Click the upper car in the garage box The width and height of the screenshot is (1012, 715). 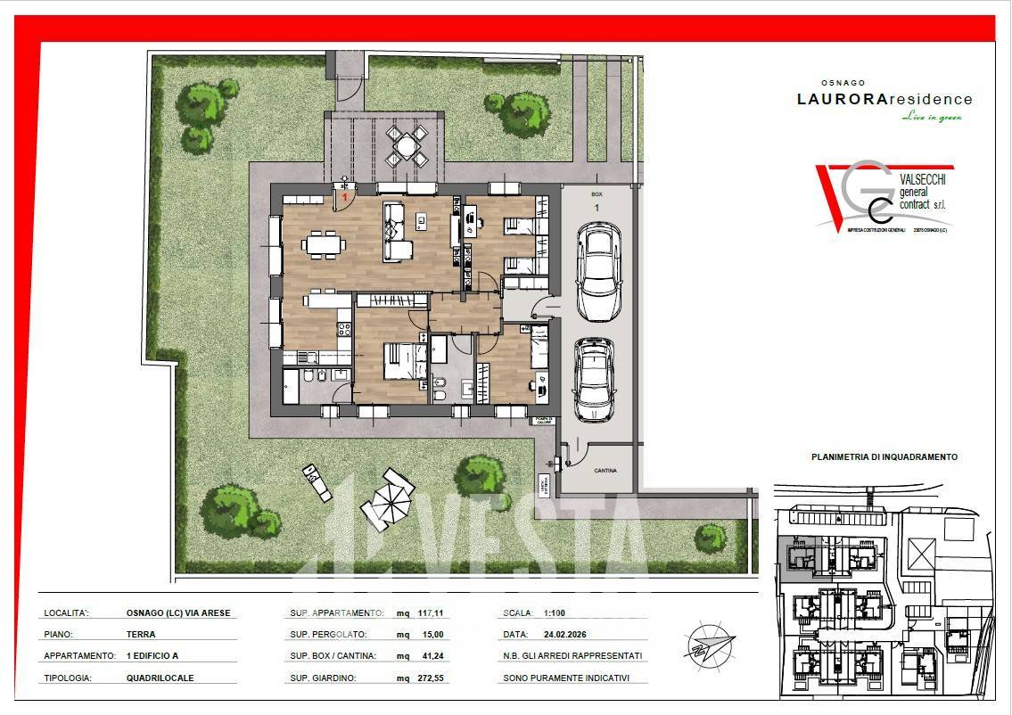[x=598, y=271]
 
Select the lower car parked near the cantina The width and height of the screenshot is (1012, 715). [x=594, y=379]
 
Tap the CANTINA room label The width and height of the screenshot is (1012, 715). [x=605, y=470]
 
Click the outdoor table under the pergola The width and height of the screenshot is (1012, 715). [x=406, y=144]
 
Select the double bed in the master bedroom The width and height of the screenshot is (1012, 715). [x=406, y=362]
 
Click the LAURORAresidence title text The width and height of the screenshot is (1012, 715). [x=884, y=100]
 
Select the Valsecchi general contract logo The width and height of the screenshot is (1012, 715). [x=884, y=198]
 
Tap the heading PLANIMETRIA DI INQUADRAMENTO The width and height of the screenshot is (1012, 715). [x=884, y=456]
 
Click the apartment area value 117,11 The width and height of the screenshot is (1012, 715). [x=430, y=613]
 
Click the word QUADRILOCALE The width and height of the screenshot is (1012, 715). [x=160, y=678]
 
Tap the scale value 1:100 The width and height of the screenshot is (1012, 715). [x=555, y=613]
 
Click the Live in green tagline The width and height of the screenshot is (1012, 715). [x=932, y=117]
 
